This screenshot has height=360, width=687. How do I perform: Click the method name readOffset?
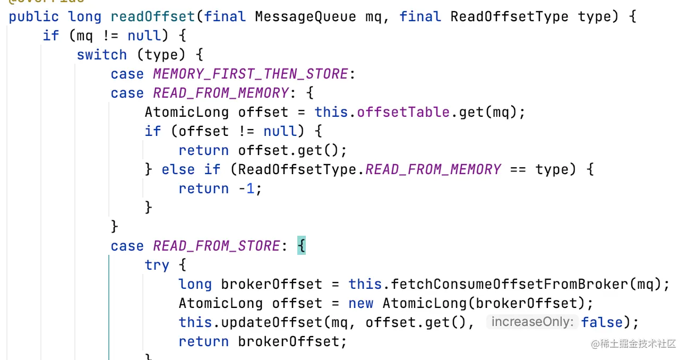(x=153, y=16)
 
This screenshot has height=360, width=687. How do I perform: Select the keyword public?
(x=34, y=16)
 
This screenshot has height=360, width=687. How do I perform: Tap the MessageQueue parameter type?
(x=305, y=16)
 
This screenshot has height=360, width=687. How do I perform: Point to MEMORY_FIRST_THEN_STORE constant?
(x=251, y=74)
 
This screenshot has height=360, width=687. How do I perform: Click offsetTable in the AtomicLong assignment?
(x=395, y=112)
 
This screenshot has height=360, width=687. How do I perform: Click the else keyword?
(x=178, y=169)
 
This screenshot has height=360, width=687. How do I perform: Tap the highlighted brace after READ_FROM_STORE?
(x=302, y=246)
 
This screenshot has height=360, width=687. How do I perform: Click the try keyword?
(x=157, y=265)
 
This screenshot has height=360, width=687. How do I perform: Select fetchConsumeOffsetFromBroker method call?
(x=505, y=284)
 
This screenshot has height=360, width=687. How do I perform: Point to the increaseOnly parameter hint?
(x=532, y=322)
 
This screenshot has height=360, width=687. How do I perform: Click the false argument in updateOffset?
(x=602, y=322)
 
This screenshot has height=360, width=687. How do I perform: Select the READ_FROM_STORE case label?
(x=217, y=246)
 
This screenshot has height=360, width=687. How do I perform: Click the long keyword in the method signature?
(x=85, y=16)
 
